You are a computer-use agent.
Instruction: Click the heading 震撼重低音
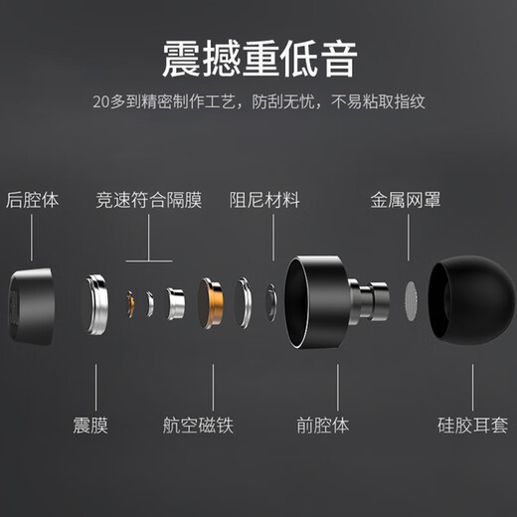[258, 58]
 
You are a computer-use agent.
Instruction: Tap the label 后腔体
[33, 200]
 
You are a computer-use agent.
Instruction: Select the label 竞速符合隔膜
[149, 200]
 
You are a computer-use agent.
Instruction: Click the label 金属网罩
[407, 200]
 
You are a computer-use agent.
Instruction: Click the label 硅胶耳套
[472, 427]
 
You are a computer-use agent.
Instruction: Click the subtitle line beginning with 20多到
[258, 102]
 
